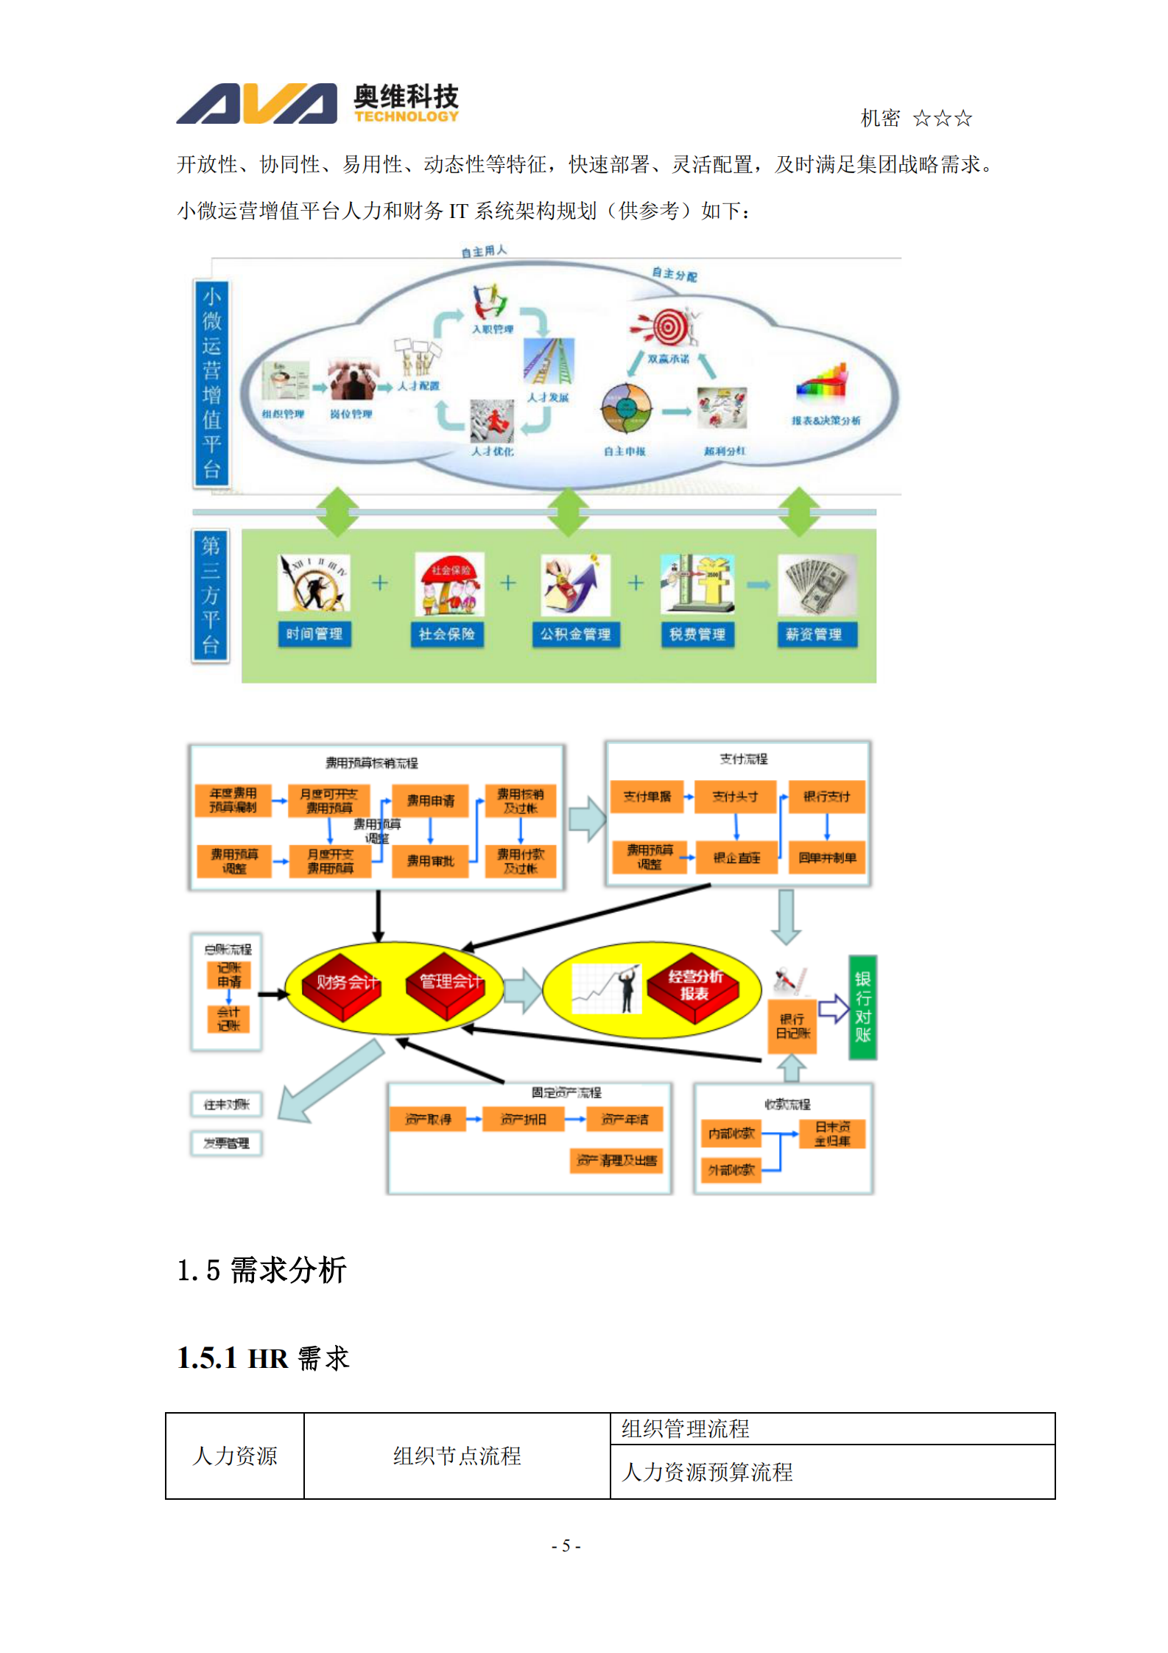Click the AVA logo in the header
coord(256,104)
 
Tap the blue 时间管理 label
coord(314,634)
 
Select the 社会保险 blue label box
coord(446,634)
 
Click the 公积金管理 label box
coord(575,634)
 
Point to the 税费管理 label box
coord(697,634)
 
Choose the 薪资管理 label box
coord(813,634)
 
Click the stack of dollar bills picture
coord(817,586)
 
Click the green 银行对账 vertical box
coord(862,1006)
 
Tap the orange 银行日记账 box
coord(792,1026)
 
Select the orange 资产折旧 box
coord(523,1119)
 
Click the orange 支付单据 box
coord(647,796)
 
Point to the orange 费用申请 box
coord(430,801)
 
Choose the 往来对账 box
coord(227,1103)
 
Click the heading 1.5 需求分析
coord(261,1270)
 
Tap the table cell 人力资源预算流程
coord(707,1472)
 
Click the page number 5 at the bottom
coord(566,1545)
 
